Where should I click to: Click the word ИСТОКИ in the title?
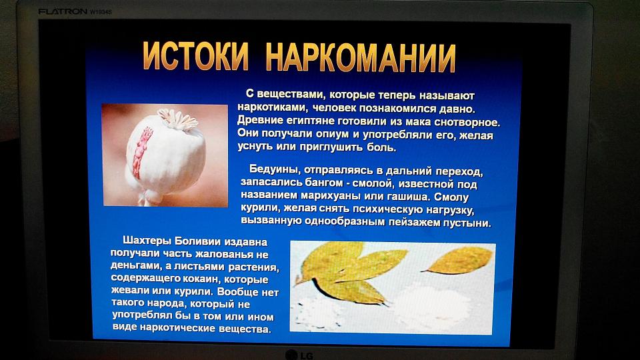click(195, 56)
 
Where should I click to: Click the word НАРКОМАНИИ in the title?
click(361, 57)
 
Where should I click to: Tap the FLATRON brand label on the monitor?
click(63, 11)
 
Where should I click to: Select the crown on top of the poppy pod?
click(178, 119)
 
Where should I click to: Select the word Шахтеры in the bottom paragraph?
click(147, 241)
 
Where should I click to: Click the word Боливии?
click(194, 241)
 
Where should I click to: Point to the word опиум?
click(329, 134)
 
